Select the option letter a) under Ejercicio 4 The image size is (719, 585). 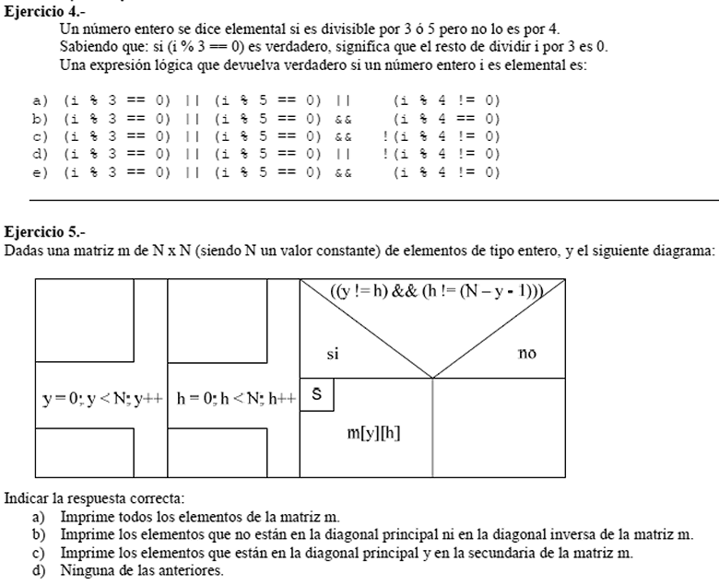[40, 99]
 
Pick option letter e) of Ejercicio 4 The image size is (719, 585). [40, 172]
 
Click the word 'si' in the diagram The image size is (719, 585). [334, 353]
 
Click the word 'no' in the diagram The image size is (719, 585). [527, 353]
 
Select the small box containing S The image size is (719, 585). [316, 393]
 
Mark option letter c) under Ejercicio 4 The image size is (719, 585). [40, 136]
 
